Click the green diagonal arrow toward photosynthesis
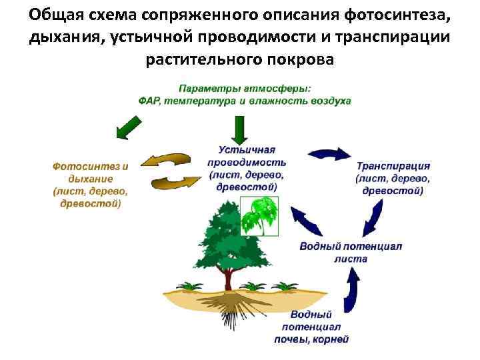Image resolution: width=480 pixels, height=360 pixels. point(129,127)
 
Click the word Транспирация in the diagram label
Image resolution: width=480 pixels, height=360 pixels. point(393,167)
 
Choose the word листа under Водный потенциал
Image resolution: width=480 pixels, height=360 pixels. point(351,258)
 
